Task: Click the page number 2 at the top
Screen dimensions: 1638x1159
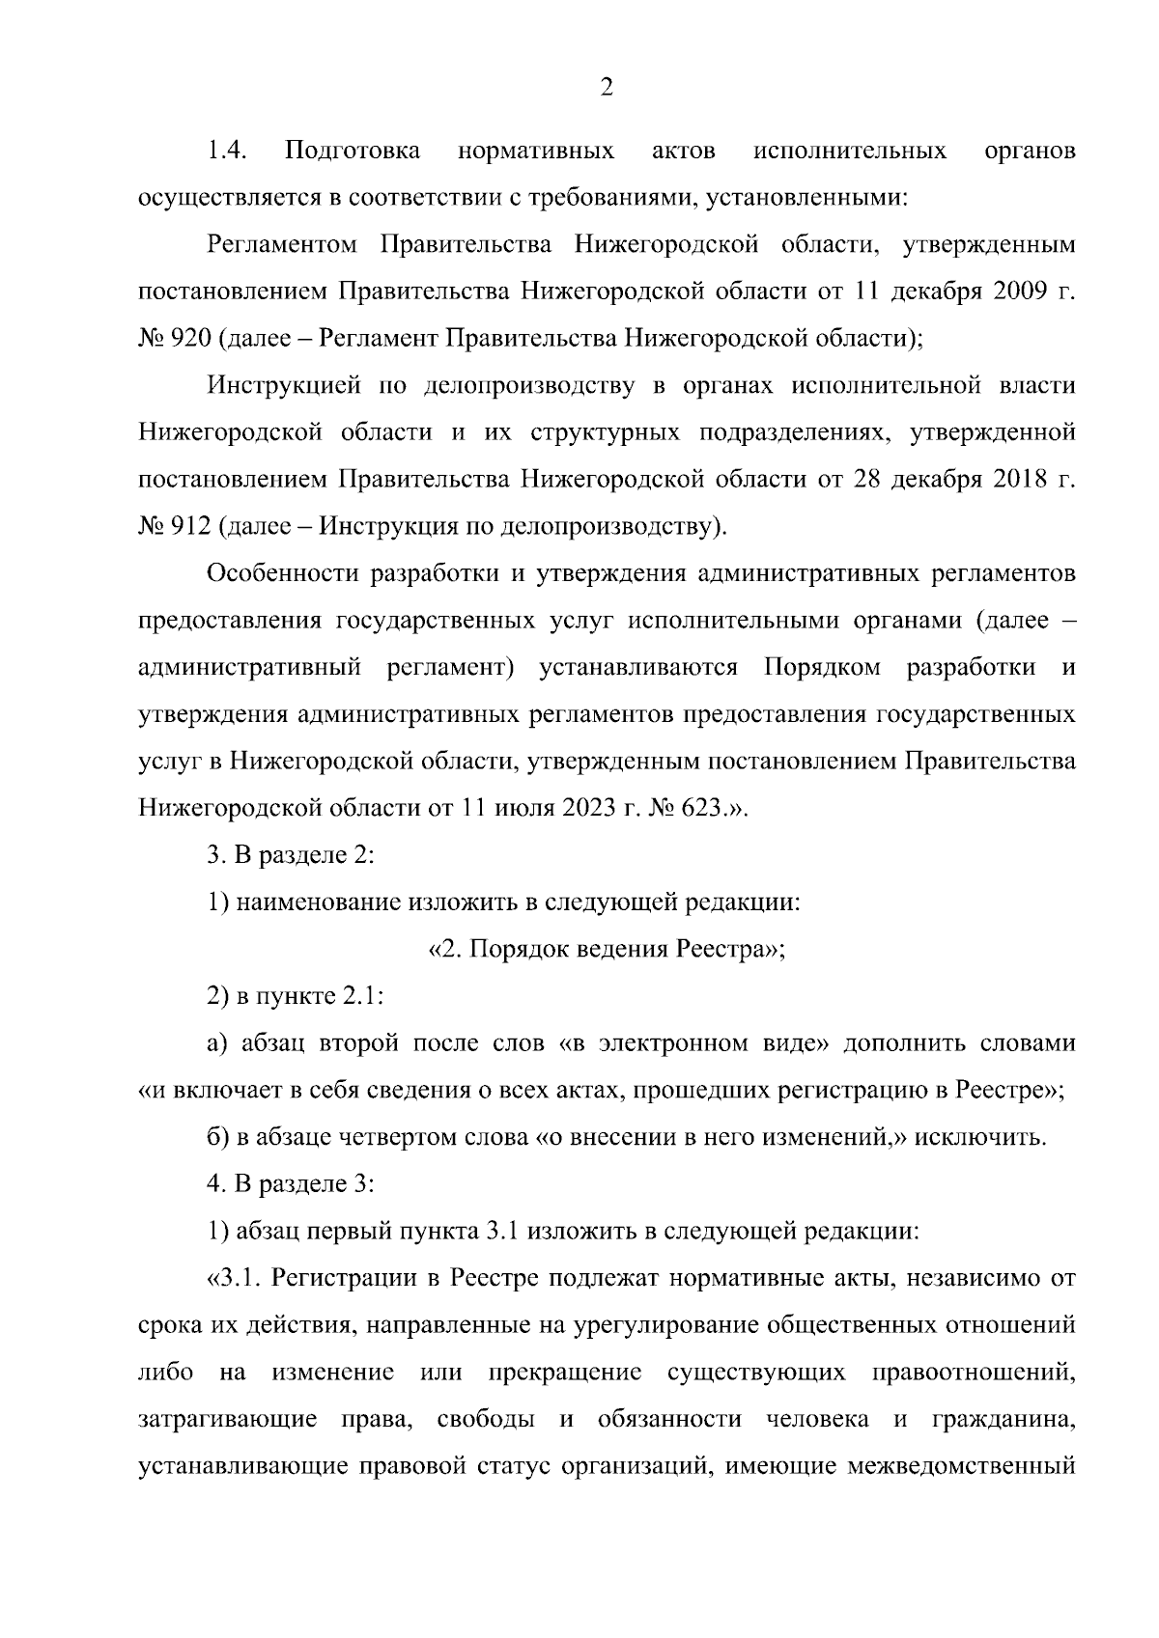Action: (x=606, y=88)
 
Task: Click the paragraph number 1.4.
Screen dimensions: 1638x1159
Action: (x=228, y=152)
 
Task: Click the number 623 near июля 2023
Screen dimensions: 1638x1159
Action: (x=703, y=808)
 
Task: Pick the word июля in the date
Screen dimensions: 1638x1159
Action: (x=523, y=808)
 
